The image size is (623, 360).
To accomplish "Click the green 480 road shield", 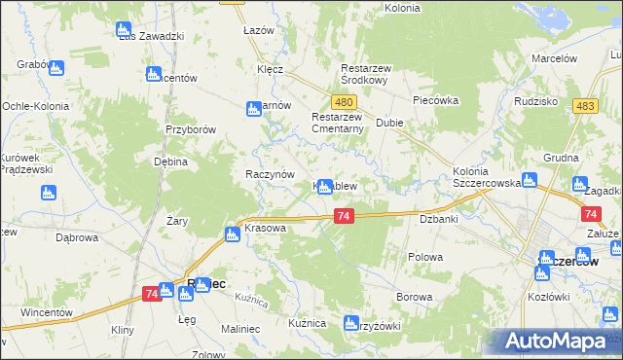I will click(x=343, y=101).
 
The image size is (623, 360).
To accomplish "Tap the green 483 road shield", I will click(x=585, y=107).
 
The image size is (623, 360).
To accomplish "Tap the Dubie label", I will click(x=389, y=124).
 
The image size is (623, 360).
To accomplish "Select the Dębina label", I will click(x=170, y=162).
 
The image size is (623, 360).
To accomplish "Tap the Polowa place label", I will click(x=425, y=257).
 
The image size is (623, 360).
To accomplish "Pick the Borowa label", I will click(x=414, y=295).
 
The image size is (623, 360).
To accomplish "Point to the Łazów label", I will click(x=259, y=30).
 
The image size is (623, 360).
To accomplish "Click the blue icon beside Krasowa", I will click(x=233, y=234).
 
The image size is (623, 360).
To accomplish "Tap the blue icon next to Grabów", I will click(x=55, y=69).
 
